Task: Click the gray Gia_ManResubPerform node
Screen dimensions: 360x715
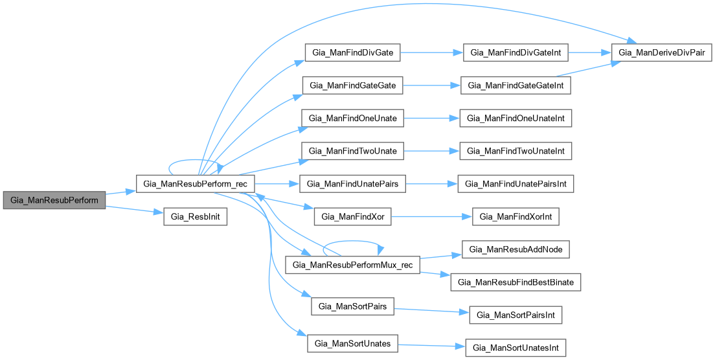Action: (54, 200)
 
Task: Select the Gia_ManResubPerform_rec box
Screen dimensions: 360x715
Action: (195, 183)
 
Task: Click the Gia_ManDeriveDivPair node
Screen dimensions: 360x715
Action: (662, 52)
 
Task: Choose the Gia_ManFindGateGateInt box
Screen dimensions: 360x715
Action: (516, 85)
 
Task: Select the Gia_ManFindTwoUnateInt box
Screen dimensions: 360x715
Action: (516, 151)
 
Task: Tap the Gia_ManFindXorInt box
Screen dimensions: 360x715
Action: (516, 217)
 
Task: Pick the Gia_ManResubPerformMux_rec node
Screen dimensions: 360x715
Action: (353, 265)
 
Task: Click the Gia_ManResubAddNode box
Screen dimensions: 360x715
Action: (516, 249)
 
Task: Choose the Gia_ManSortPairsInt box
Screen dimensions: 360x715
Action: (516, 315)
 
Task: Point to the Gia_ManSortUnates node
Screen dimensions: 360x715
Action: (353, 344)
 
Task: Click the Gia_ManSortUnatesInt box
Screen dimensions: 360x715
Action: (516, 348)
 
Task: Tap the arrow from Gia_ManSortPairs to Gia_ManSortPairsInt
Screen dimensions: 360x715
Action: (431, 310)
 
